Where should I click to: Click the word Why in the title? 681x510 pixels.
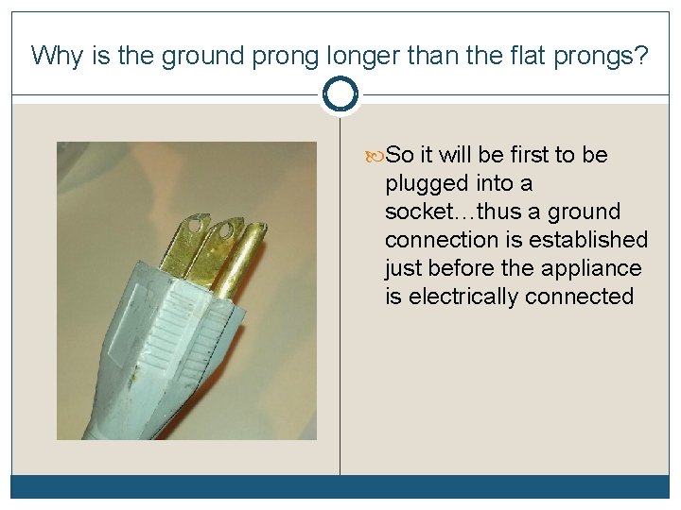point(57,56)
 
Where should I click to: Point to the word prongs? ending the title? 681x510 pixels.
point(605,56)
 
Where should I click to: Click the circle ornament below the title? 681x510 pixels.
point(340,94)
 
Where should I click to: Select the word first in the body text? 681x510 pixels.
point(528,155)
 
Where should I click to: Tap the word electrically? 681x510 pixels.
point(463,297)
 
